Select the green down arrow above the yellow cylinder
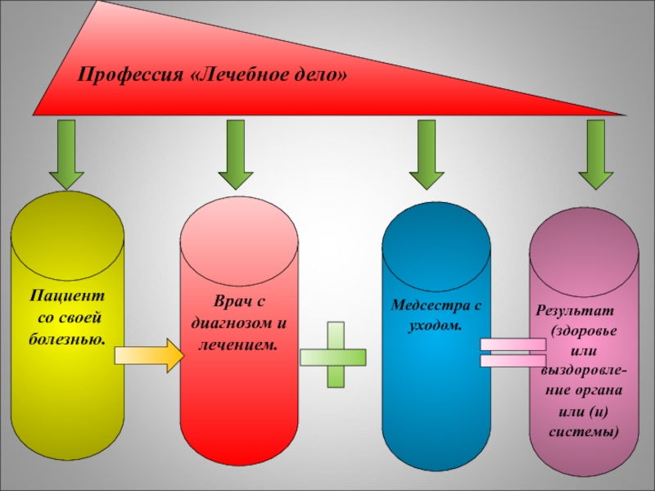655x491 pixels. click(66, 155)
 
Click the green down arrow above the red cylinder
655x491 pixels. click(236, 155)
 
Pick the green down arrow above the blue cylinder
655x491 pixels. click(426, 155)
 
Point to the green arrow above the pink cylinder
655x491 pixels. click(595, 155)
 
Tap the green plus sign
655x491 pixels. click(335, 355)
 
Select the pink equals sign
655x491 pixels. click(513, 352)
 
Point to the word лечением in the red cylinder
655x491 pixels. click(238, 345)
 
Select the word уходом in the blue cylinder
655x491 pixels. click(436, 326)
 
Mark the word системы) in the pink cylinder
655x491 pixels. click(588, 430)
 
